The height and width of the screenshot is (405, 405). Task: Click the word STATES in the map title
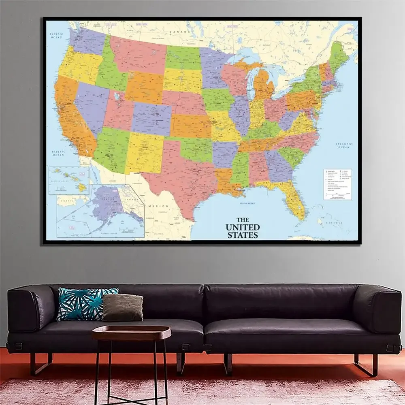coord(243,234)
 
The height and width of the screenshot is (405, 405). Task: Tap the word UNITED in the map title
coord(243,227)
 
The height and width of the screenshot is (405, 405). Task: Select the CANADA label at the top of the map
coord(179,32)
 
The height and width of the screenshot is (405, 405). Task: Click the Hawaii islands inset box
coord(68,181)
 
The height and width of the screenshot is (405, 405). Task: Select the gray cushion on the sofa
coord(122,308)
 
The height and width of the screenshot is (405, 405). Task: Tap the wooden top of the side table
coord(131,332)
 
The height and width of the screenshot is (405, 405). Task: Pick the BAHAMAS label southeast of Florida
coord(335,223)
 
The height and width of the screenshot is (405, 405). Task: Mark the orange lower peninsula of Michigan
coord(264,85)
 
